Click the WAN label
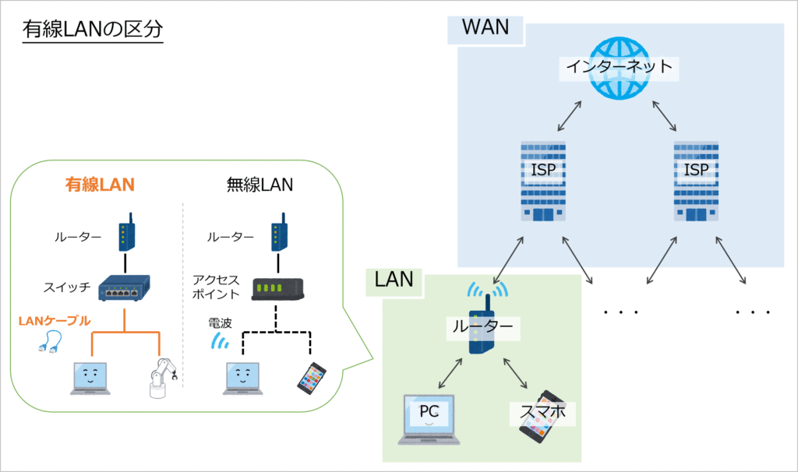(x=485, y=28)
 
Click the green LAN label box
(x=394, y=280)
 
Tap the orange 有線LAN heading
(x=99, y=185)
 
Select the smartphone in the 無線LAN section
(x=311, y=377)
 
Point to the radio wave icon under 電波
(x=221, y=340)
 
